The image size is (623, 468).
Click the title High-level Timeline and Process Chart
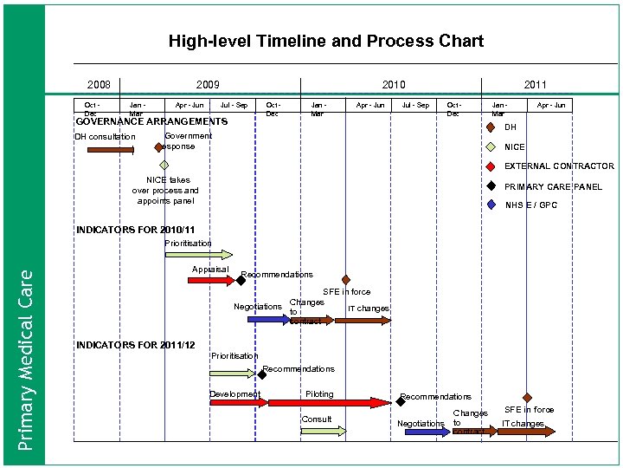click(325, 41)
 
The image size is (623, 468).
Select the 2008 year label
click(99, 84)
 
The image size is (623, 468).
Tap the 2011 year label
click(535, 84)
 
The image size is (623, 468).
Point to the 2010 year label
click(394, 84)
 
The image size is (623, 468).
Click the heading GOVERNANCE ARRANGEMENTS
click(151, 121)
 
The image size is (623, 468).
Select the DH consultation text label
click(105, 137)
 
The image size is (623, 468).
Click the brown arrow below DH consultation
click(111, 149)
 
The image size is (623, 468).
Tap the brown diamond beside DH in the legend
click(490, 127)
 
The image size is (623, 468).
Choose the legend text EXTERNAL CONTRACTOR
click(559, 166)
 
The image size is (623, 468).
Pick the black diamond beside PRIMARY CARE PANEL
click(490, 186)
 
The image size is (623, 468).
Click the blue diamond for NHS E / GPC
click(490, 205)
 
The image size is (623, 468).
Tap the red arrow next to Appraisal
click(212, 280)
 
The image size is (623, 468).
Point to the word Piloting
click(319, 394)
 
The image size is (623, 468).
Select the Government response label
click(186, 141)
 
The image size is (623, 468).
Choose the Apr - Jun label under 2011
click(551, 106)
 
